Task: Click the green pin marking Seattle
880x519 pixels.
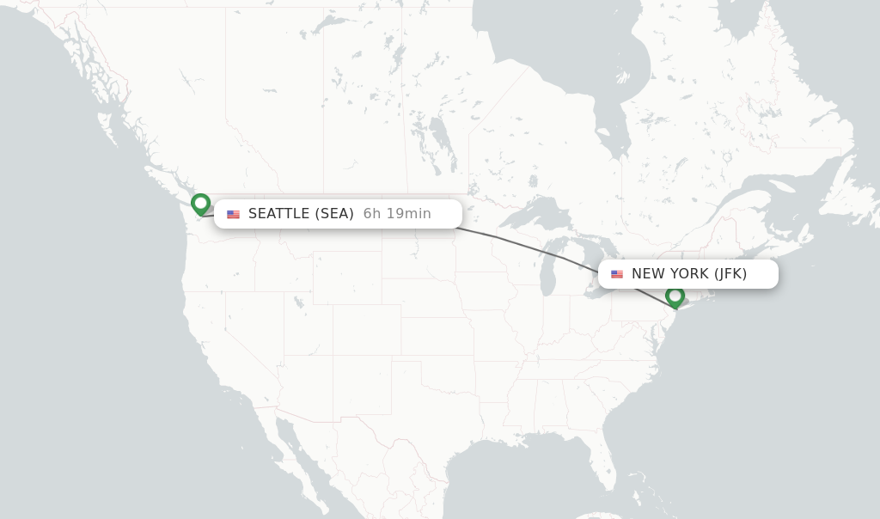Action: [x=200, y=204]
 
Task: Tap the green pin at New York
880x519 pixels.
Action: [x=675, y=296]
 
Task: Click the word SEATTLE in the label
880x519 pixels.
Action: [x=278, y=214]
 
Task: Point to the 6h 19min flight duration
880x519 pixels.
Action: [x=397, y=214]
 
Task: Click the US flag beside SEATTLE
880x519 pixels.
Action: [x=233, y=215]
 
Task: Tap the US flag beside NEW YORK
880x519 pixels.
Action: [x=617, y=275]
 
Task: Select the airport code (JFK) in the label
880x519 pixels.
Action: [x=730, y=274]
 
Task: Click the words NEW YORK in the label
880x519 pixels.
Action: [x=670, y=274]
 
